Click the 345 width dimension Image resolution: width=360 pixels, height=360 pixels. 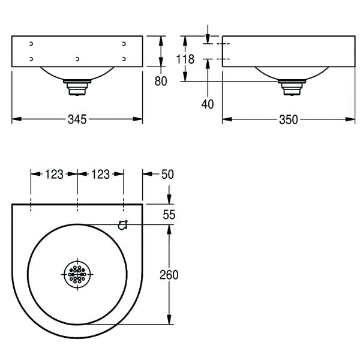[x=77, y=119]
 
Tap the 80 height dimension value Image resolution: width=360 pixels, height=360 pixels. [x=160, y=82]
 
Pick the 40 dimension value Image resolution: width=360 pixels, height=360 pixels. [x=208, y=104]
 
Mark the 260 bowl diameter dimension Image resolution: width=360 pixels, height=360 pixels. [x=170, y=274]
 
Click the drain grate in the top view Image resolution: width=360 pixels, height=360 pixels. [x=77, y=275]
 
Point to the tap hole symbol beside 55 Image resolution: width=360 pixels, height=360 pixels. [x=124, y=225]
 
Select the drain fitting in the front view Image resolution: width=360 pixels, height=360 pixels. [x=77, y=88]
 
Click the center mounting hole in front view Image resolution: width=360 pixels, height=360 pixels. [x=77, y=59]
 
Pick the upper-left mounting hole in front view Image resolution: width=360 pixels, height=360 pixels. [x=31, y=44]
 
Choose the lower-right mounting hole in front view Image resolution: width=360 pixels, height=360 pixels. [x=124, y=59]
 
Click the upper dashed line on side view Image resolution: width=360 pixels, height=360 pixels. [x=223, y=44]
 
